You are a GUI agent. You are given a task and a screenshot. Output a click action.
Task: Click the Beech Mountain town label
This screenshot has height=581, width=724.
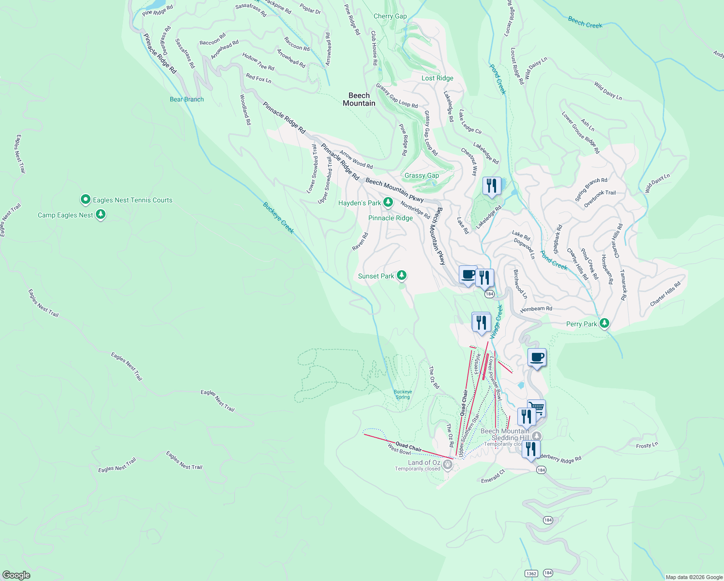coord(359,99)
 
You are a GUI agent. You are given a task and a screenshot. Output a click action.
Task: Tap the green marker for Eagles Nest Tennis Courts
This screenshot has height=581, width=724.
coord(86,199)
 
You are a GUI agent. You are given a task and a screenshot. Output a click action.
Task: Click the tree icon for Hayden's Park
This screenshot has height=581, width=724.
coord(388,202)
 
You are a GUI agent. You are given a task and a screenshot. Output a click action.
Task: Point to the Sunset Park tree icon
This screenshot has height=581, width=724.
coord(401,275)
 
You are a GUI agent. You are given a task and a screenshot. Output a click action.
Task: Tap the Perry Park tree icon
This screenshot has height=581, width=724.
coord(604,323)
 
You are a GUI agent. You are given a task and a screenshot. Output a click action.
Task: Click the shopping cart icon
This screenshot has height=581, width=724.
coord(536,408)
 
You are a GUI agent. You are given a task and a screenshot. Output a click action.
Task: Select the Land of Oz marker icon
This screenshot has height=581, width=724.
coord(448,465)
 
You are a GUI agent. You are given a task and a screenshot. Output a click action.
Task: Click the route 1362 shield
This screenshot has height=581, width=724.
coord(531,573)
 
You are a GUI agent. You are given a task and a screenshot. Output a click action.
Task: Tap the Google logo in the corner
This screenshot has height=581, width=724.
coord(16,575)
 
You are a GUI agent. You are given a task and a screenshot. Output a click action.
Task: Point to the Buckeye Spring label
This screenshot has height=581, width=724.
coord(403,394)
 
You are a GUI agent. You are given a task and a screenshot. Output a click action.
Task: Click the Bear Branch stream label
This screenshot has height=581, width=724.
coord(187,99)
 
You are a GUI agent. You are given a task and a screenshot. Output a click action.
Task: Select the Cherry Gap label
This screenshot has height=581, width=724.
coord(390,16)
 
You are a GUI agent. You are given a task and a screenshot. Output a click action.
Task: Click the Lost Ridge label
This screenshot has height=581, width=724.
coord(437,78)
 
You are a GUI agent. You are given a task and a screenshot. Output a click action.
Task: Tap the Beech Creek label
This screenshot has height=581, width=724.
coord(585,22)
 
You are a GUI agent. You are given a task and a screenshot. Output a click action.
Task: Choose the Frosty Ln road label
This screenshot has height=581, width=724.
coord(647,445)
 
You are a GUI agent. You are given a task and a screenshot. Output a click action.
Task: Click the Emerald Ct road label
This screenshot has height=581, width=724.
coord(493,476)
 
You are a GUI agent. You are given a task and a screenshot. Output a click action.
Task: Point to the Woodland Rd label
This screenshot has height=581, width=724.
coord(245,110)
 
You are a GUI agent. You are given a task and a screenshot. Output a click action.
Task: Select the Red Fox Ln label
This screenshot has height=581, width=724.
coord(258,78)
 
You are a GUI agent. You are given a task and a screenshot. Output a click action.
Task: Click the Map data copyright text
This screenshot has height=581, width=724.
coord(694,577)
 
